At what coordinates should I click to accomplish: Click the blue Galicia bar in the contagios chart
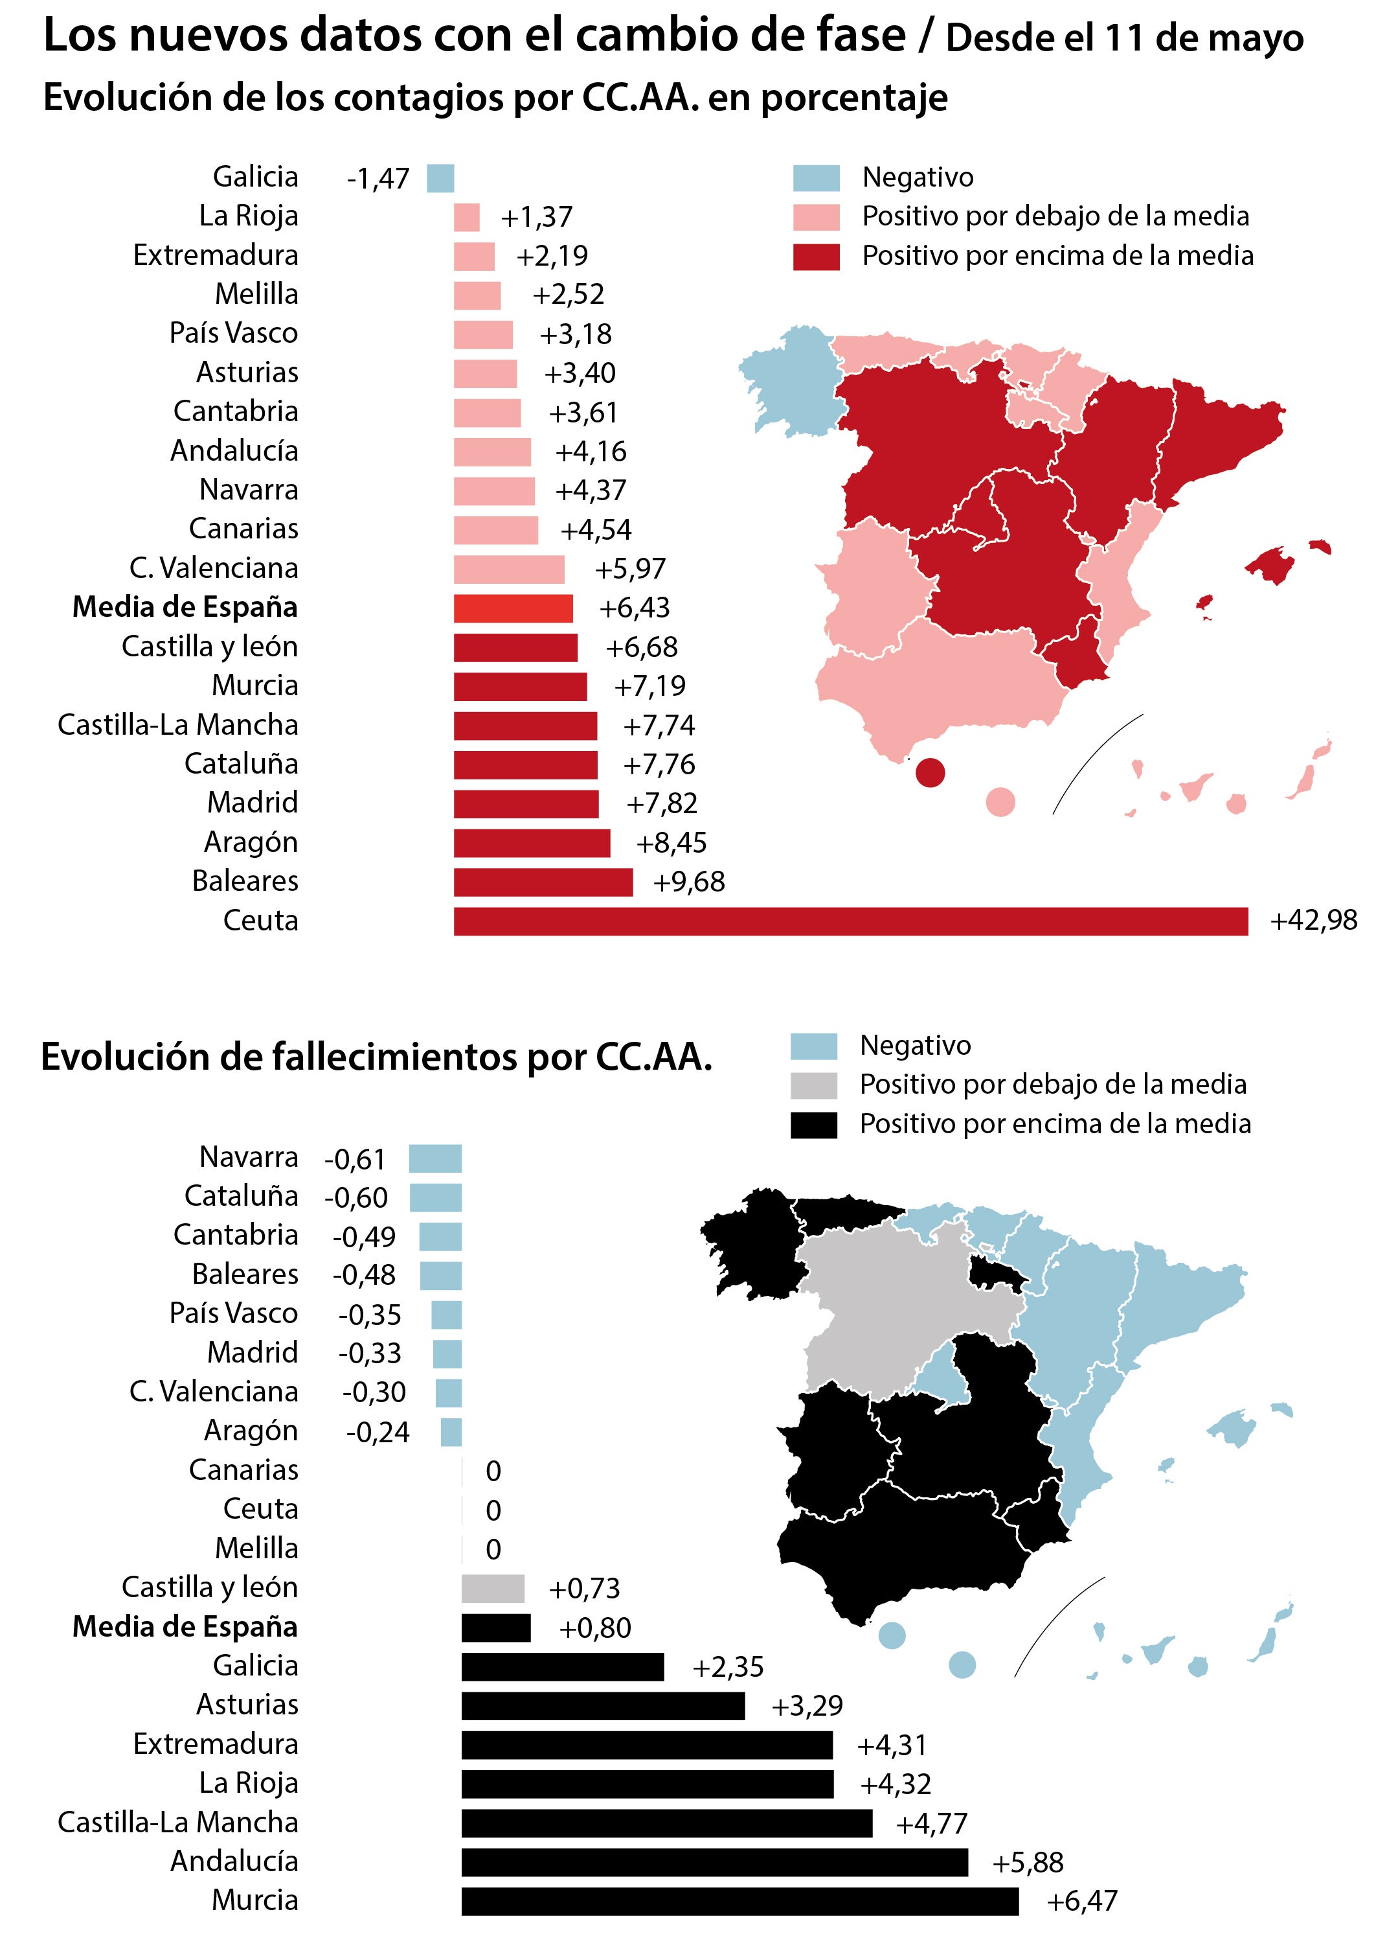point(440,178)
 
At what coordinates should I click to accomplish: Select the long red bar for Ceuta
point(850,921)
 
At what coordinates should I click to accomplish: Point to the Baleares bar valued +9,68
point(543,882)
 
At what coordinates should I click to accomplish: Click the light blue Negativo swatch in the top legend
point(816,178)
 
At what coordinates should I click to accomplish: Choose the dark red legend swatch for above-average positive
point(816,257)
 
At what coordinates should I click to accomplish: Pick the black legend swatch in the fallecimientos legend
point(813,1125)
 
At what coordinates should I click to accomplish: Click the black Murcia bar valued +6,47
point(739,1901)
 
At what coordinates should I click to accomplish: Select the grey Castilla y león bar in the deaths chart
point(493,1589)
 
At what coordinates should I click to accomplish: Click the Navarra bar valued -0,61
point(434,1158)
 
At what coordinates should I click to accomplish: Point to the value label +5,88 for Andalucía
point(1028,1863)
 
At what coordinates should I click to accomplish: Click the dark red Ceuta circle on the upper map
point(930,772)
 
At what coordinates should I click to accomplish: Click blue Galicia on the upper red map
point(789,375)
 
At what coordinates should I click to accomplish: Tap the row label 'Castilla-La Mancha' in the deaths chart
point(178,1823)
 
